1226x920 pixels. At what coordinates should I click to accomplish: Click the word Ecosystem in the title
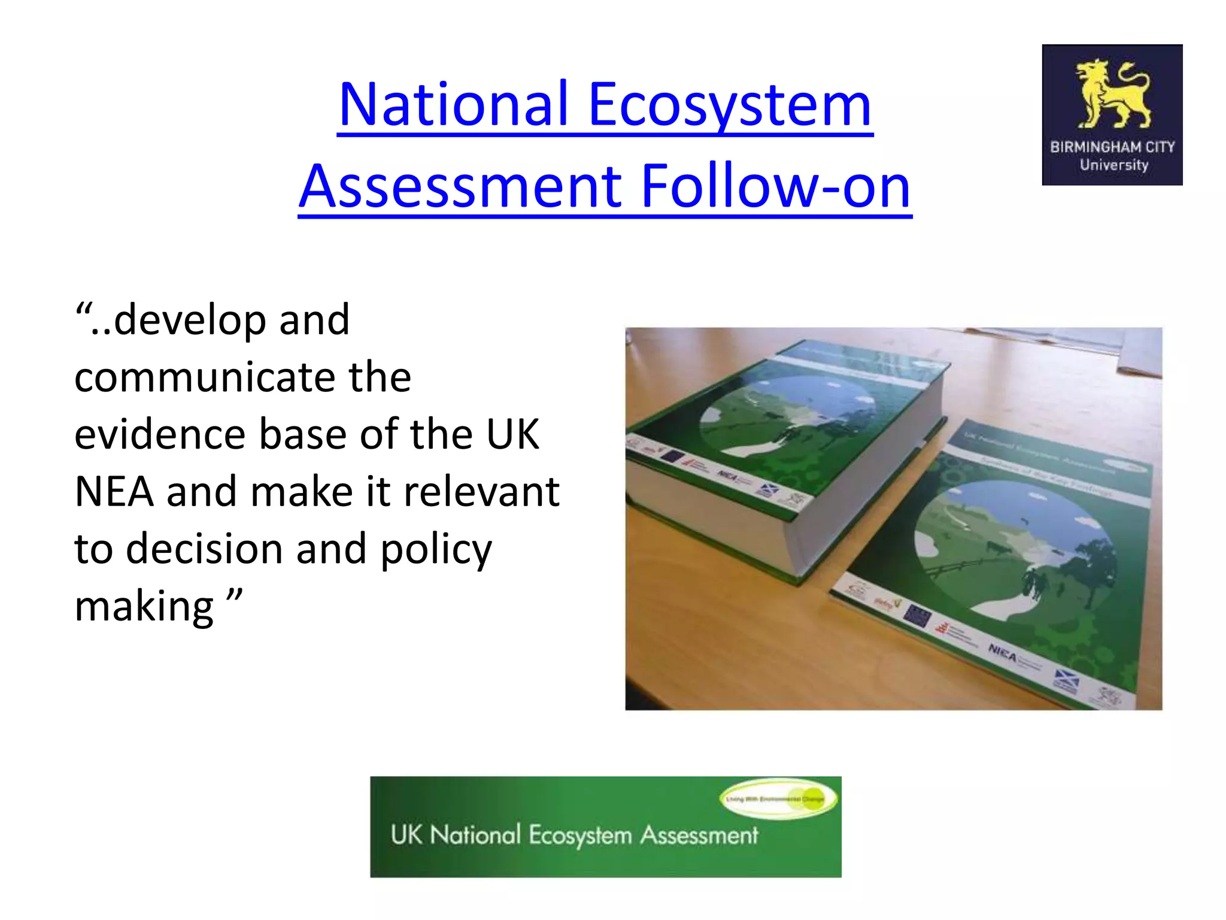pos(730,105)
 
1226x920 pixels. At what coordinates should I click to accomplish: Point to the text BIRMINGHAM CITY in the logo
pos(1112,147)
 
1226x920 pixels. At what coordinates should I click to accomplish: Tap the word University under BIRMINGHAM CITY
pos(1113,165)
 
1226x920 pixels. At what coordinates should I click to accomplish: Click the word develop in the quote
pos(190,320)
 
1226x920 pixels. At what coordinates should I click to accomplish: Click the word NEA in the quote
pos(113,492)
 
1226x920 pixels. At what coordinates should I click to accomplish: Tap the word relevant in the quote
pos(481,492)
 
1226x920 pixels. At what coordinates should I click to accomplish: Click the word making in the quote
pos(144,607)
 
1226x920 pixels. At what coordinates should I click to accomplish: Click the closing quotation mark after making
pos(235,597)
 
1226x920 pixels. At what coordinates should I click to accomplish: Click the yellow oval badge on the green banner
pos(778,798)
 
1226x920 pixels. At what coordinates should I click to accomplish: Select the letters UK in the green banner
pos(406,835)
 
